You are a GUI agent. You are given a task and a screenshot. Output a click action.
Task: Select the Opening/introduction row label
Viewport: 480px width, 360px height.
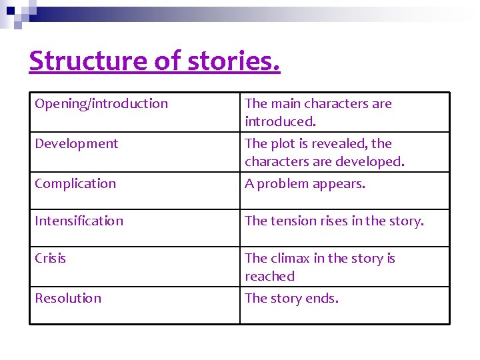click(101, 103)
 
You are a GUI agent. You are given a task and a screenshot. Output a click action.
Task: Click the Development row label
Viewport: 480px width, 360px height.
click(76, 143)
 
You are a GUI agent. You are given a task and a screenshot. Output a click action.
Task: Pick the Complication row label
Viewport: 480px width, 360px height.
click(75, 183)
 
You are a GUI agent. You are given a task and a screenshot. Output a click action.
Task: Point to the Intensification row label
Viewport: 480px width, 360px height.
click(79, 221)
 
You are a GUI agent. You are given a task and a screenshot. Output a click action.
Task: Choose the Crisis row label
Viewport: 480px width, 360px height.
click(50, 258)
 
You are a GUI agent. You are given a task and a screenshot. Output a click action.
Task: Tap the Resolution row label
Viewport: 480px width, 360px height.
click(68, 298)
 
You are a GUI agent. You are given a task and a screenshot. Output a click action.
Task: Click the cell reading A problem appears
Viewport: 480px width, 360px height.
click(305, 183)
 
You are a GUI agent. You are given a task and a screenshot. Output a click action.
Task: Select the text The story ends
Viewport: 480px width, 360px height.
click(291, 298)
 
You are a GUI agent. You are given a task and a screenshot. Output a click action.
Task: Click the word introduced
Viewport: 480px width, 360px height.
click(280, 121)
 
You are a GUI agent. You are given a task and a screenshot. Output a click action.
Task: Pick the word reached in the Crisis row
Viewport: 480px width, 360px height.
click(269, 276)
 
